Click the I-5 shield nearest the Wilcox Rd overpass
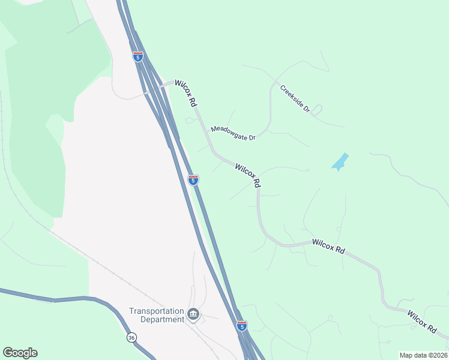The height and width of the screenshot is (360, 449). [138, 56]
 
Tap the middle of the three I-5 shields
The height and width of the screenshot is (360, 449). [193, 179]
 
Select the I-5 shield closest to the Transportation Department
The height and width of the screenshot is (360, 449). [241, 326]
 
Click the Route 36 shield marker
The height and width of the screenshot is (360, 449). [131, 338]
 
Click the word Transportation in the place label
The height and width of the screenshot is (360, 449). [156, 311]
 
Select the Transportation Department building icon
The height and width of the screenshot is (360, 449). [193, 314]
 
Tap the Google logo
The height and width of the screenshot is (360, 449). [20, 353]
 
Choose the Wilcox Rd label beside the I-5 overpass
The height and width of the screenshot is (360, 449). [185, 94]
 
